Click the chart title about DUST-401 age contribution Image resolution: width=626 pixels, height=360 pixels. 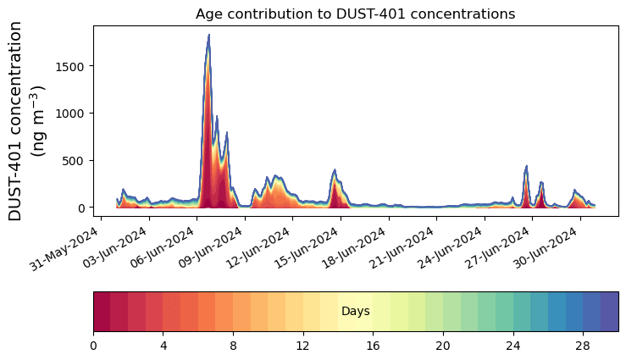click(x=355, y=14)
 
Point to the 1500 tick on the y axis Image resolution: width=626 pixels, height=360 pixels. click(x=69, y=66)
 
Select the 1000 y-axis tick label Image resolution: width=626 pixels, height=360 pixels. click(x=69, y=114)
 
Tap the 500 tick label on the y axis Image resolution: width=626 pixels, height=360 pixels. click(x=73, y=161)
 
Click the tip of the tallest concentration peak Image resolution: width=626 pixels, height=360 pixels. click(x=208, y=36)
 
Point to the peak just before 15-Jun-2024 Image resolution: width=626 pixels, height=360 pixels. click(x=335, y=170)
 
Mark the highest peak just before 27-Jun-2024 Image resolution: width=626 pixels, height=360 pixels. click(x=526, y=166)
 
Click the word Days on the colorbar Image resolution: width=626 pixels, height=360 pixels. click(x=355, y=312)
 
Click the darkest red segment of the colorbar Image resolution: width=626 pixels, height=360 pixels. click(x=102, y=312)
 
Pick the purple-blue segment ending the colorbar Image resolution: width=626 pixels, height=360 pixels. click(x=609, y=312)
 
